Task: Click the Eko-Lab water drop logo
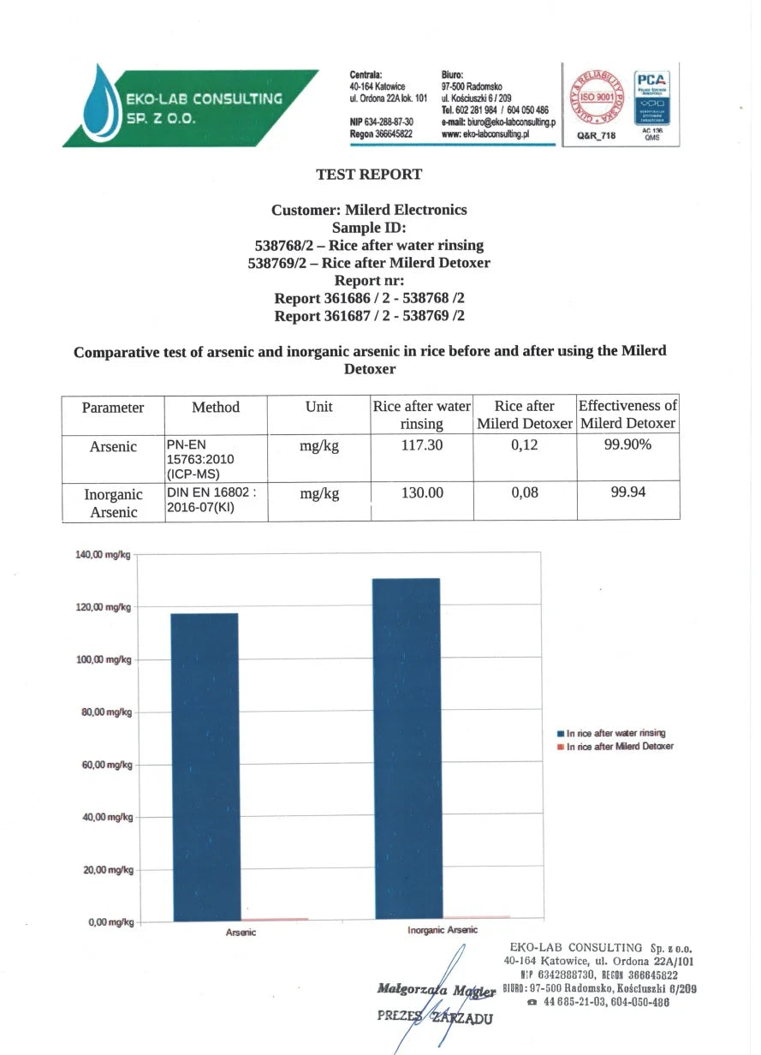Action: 103,108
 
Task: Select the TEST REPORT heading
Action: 369,175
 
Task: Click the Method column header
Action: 216,408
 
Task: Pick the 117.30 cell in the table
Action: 422,446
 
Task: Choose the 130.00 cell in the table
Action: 422,494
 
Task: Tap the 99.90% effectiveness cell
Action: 627,446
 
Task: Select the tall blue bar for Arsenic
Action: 205,766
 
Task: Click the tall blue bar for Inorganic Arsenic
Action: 406,749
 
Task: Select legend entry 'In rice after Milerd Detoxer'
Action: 619,747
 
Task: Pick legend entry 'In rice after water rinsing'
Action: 615,734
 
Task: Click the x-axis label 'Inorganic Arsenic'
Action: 443,930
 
